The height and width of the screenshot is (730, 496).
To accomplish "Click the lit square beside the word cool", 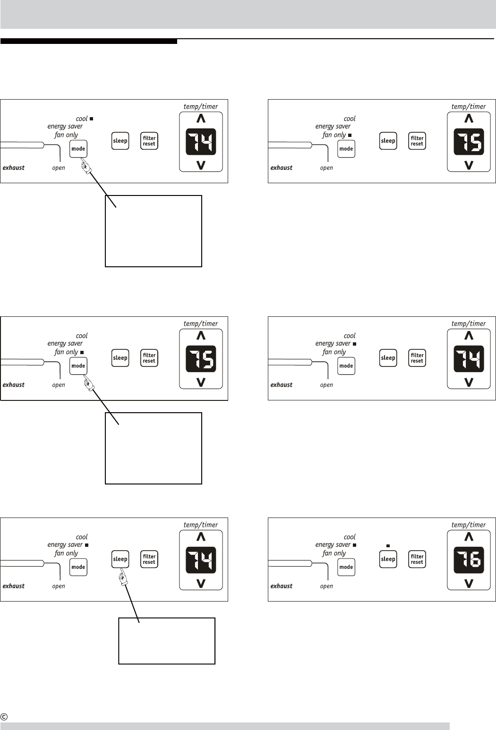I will coord(91,119).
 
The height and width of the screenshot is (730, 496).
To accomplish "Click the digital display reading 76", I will coord(469,560).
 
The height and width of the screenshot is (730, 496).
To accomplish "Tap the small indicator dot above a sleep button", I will coord(388,546).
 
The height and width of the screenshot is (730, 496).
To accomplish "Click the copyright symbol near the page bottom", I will coord(4,717).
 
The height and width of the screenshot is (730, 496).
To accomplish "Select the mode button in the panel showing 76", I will coord(346,567).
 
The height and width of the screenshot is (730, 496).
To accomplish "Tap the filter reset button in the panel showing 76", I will coord(417,559).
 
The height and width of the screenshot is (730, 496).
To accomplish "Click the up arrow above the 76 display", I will coord(469,536).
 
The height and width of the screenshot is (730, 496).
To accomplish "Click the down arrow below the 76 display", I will coord(469,584).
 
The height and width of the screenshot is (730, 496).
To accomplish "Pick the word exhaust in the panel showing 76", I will coord(282,586).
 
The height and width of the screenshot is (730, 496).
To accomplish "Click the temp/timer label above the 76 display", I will coord(469,525).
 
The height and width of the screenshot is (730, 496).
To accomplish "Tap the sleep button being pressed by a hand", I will coord(120,559).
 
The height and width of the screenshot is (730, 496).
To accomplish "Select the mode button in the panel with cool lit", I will coord(78,149).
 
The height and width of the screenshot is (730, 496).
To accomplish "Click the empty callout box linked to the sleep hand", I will coord(167,641).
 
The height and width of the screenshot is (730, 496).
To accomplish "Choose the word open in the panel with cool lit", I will coord(59,168).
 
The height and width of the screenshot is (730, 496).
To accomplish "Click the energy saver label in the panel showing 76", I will coord(333,544).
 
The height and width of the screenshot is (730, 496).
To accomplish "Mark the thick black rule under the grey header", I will coord(89,42).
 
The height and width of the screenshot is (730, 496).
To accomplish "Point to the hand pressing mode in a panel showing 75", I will coord(88,383).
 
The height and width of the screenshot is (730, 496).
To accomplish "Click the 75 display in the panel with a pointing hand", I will coord(201,358).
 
